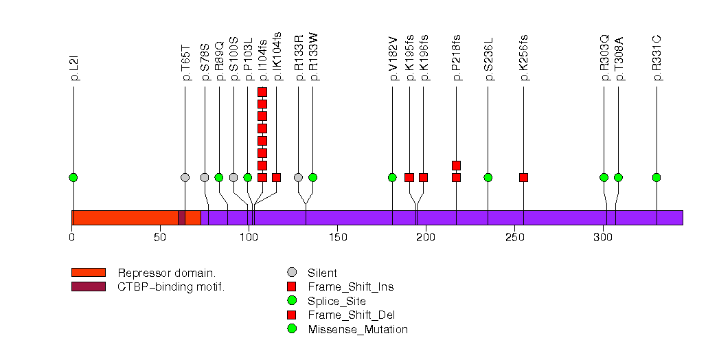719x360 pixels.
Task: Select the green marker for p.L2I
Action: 73,177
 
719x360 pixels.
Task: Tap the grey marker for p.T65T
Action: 185,177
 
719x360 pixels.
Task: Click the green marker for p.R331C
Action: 657,177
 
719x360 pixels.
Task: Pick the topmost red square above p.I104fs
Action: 262,91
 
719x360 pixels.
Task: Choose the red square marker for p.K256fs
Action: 523,177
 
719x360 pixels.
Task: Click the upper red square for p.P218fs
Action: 456,165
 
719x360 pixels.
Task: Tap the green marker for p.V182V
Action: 392,177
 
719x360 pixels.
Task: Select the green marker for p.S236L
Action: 488,177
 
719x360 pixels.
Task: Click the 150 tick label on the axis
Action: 337,238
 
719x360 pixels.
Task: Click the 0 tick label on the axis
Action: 72,238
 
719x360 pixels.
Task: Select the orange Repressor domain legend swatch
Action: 88,272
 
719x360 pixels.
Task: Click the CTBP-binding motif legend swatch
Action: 88,286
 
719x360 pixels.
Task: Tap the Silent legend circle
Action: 293,272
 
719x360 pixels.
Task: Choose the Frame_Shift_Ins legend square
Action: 293,286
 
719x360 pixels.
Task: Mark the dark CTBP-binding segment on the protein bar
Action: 181,217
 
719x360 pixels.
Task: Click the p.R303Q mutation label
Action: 604,62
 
